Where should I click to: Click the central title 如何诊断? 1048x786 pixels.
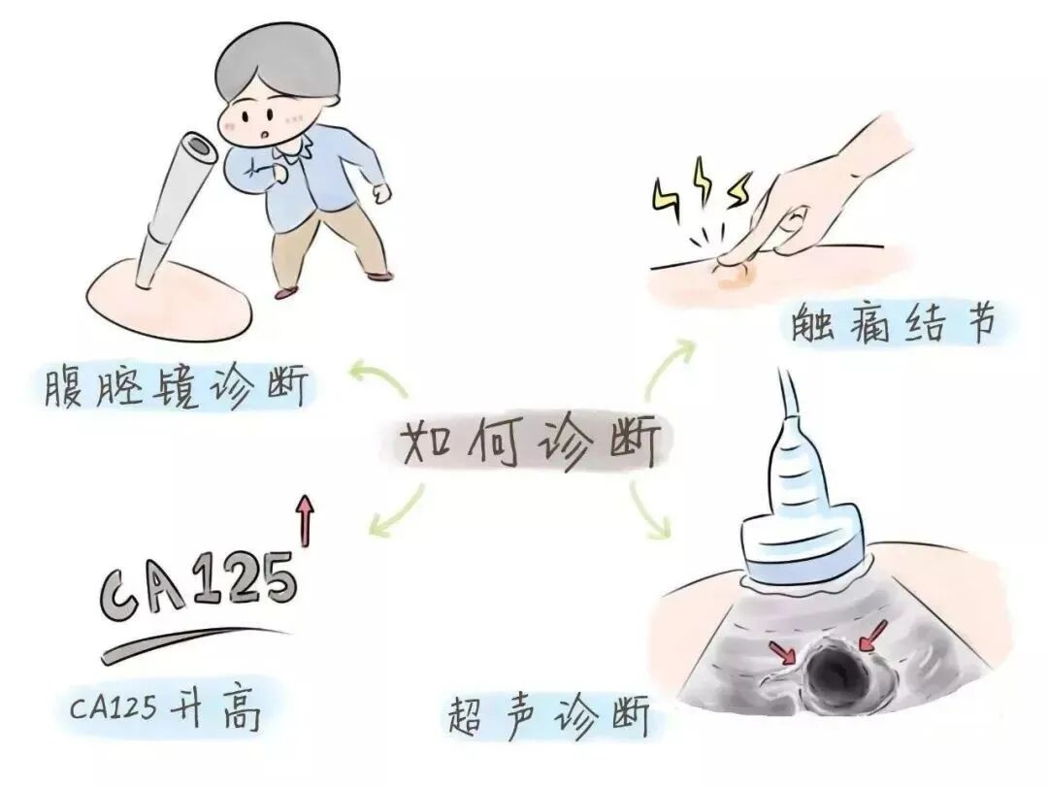pyautogui.click(x=530, y=442)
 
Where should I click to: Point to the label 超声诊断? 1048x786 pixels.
pyautogui.click(x=549, y=716)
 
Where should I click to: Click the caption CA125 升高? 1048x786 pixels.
pyautogui.click(x=165, y=707)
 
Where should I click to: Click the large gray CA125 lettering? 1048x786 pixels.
pyautogui.click(x=198, y=583)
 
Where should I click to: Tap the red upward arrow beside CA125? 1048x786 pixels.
pyautogui.click(x=306, y=521)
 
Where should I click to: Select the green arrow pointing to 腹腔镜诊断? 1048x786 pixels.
pyautogui.click(x=378, y=377)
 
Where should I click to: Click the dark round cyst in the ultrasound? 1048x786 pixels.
pyautogui.click(x=834, y=671)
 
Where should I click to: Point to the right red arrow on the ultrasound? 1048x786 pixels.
pyautogui.click(x=873, y=636)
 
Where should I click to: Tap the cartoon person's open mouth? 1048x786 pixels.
pyautogui.click(x=267, y=134)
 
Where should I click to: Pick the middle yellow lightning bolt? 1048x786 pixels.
pyautogui.click(x=702, y=180)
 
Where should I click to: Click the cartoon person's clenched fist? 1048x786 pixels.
pyautogui.click(x=382, y=192)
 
